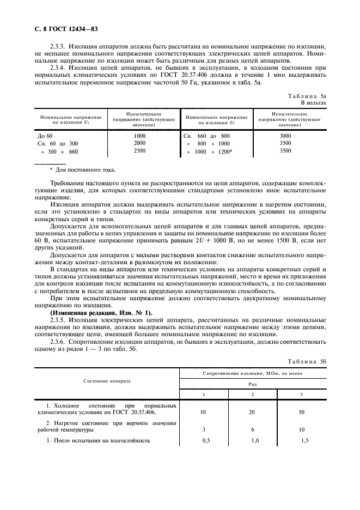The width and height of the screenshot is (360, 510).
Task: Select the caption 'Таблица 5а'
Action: tap(307, 95)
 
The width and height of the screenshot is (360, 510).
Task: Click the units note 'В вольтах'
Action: tap(314, 102)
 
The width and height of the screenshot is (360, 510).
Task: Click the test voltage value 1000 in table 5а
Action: tap(139, 135)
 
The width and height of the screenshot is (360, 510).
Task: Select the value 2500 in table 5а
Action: tap(139, 151)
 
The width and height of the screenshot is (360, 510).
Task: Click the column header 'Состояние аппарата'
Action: tap(107, 380)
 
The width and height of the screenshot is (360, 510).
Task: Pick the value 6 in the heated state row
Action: tap(252, 429)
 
